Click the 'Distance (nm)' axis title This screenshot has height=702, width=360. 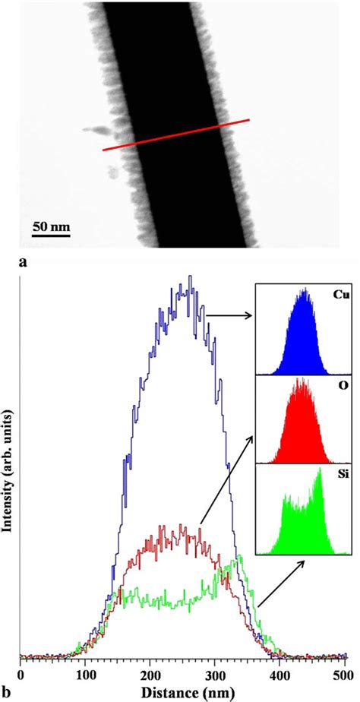pos(182,691)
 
